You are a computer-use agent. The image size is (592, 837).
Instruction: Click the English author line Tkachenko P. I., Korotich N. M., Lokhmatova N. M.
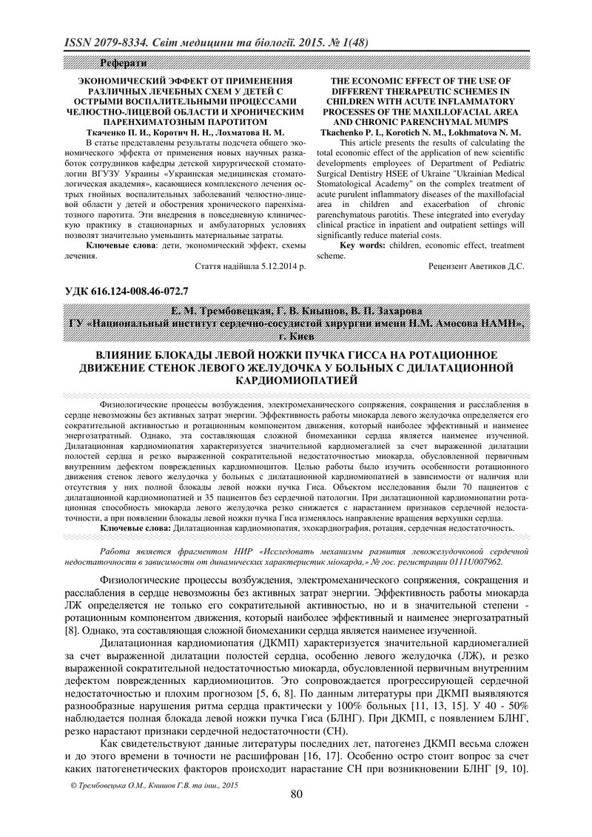[421, 130]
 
